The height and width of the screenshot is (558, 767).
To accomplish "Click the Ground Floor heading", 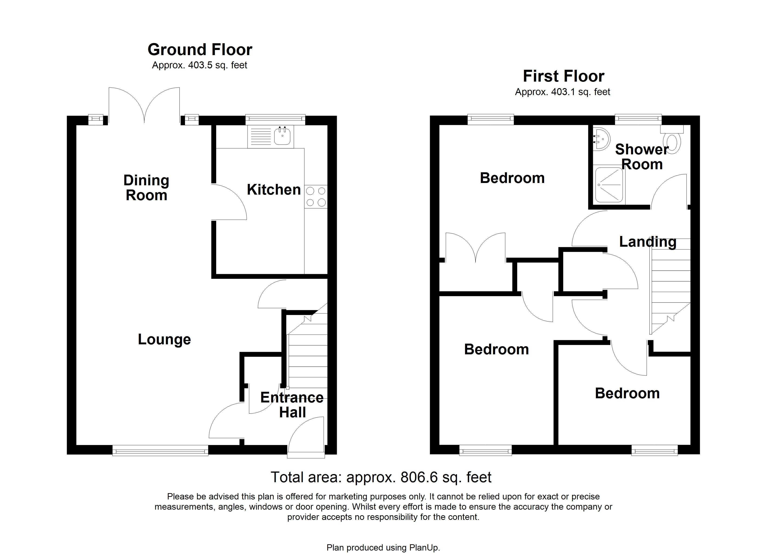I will point(200,50).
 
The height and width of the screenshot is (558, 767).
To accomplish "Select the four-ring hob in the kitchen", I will point(316,197).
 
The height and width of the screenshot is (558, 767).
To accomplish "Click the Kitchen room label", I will point(274,189).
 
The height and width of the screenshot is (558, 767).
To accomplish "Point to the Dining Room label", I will point(146,188).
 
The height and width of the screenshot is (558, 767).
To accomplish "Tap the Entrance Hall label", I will point(292,405).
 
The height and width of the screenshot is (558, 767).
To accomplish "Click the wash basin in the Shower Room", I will point(601,139).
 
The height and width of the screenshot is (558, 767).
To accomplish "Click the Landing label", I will point(648,242).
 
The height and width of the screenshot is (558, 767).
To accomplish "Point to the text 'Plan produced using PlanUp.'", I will point(383,548).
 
